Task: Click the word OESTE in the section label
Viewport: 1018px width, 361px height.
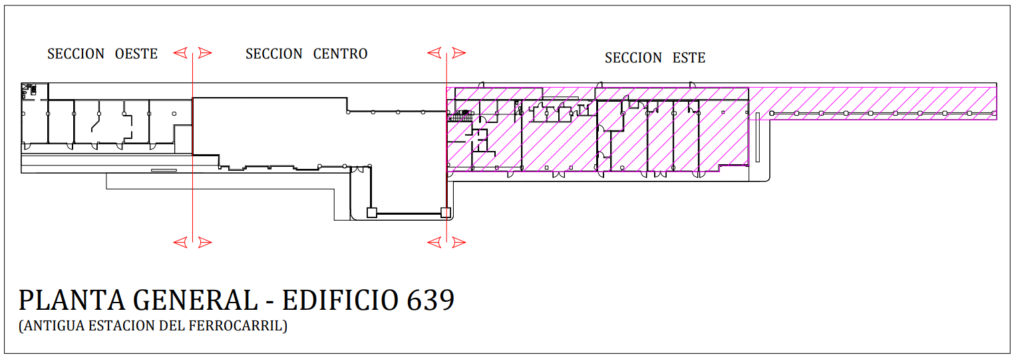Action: [x=136, y=54]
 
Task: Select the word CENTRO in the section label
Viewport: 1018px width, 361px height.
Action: [x=340, y=54]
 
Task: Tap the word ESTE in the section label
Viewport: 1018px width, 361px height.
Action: [x=689, y=59]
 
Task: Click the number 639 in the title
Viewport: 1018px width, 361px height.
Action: [x=430, y=301]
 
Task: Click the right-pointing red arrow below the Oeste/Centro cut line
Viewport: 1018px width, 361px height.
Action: [x=205, y=243]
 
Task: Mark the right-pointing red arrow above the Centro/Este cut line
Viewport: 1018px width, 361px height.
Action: [x=458, y=53]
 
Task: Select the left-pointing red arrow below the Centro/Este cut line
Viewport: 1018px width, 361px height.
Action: [x=434, y=243]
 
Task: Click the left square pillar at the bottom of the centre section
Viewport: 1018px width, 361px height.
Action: [x=372, y=213]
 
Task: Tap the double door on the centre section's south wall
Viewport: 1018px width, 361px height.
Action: [x=358, y=170]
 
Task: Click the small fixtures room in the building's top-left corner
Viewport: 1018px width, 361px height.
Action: [x=29, y=90]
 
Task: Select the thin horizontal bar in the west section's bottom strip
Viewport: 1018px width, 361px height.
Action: [x=164, y=170]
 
